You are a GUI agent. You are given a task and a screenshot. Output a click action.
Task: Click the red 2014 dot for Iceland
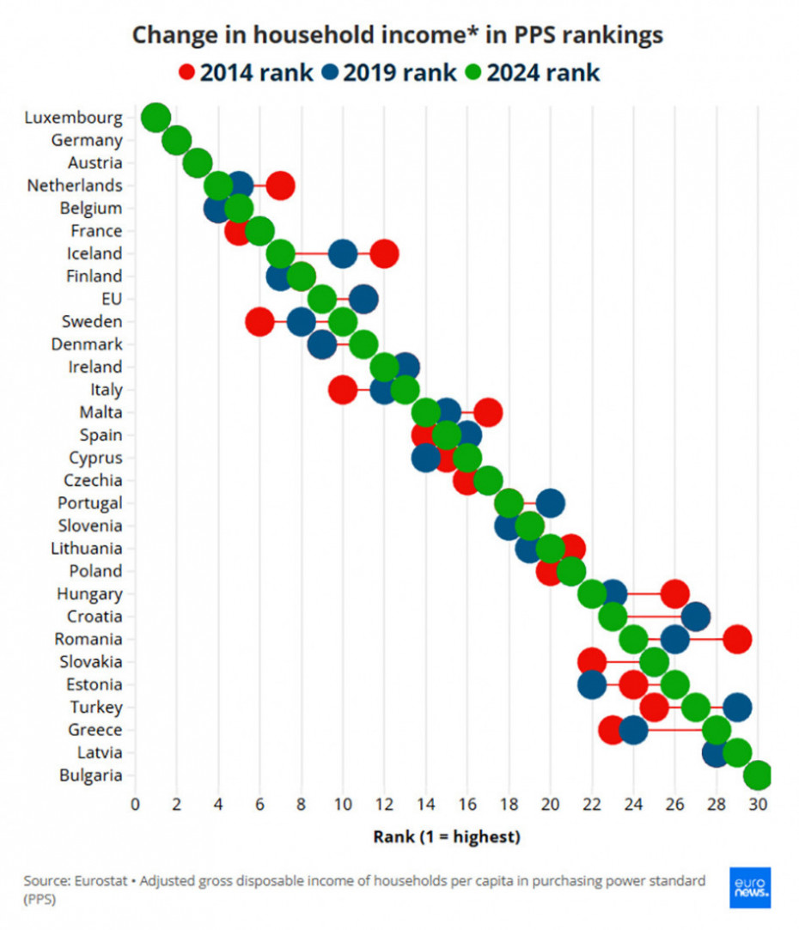pyautogui.click(x=384, y=253)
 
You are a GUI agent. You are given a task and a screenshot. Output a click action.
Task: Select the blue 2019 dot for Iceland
pyautogui.click(x=343, y=253)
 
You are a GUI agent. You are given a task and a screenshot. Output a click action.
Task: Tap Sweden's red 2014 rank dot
pyautogui.click(x=259, y=321)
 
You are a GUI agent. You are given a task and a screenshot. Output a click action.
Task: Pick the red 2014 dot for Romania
pyautogui.click(x=737, y=639)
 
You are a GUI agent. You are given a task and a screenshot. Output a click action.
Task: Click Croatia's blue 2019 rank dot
pyautogui.click(x=696, y=617)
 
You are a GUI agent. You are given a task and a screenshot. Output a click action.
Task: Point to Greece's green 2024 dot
pyautogui.click(x=717, y=730)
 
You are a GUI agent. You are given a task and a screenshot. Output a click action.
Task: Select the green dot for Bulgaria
pyautogui.click(x=758, y=775)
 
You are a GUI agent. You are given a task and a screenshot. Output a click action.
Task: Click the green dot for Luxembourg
pyautogui.click(x=156, y=118)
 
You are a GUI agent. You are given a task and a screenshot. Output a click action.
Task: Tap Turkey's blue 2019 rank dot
pyautogui.click(x=737, y=708)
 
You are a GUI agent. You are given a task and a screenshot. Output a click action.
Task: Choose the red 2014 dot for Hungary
pyautogui.click(x=675, y=593)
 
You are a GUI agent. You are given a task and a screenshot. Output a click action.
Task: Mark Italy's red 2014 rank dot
pyautogui.click(x=343, y=389)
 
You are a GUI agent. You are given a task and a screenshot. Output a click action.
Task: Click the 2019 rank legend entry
pyautogui.click(x=389, y=72)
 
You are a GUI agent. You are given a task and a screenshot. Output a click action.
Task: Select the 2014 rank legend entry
pyautogui.click(x=246, y=72)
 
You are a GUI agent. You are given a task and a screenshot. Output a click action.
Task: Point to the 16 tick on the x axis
pyautogui.click(x=467, y=805)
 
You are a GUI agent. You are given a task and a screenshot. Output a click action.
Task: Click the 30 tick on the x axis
pyautogui.click(x=758, y=805)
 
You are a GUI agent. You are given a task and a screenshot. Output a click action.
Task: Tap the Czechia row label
pyautogui.click(x=93, y=481)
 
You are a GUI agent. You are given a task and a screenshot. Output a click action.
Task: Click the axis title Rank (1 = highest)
pyautogui.click(x=446, y=836)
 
